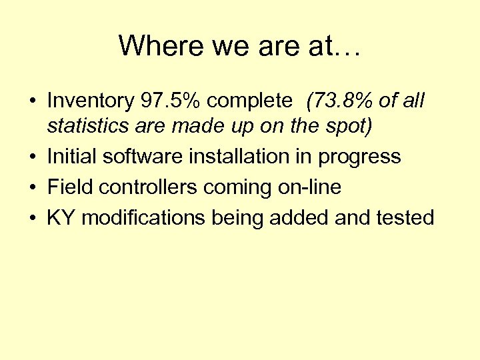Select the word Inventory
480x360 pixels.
91,101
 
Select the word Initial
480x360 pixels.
72,157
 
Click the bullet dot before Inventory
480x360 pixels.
32,102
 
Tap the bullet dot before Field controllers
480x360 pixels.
32,188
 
